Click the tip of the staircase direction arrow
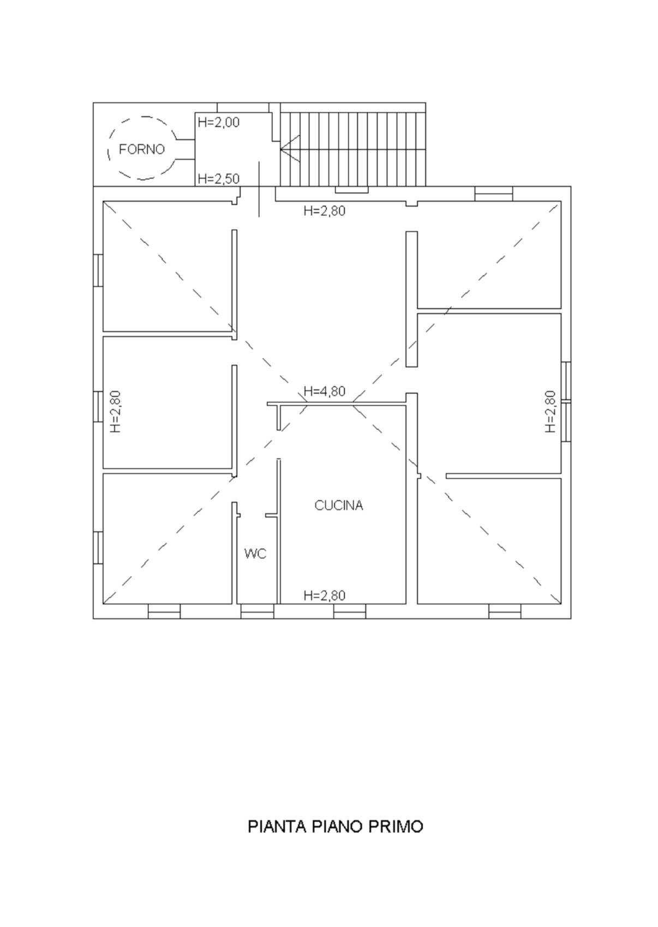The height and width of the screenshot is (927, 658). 281,149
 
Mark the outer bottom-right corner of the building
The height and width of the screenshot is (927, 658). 571,619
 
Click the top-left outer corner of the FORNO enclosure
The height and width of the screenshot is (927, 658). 93,103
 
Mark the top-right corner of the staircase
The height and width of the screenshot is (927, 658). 426,103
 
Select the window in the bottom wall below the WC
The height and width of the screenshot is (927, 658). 257,611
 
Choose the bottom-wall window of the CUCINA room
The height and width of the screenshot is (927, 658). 350,611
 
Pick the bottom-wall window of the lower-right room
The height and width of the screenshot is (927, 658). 504,611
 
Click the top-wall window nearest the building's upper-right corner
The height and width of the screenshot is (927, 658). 494,194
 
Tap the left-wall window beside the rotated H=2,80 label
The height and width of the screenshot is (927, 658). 98,406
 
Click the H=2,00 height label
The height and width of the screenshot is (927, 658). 219,123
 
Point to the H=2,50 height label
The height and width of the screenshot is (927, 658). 219,179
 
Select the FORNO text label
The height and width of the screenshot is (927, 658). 142,149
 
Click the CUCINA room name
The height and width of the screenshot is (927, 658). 339,505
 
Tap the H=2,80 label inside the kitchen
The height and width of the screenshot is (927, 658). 325,595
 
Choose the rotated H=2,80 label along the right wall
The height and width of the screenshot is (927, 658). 550,412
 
